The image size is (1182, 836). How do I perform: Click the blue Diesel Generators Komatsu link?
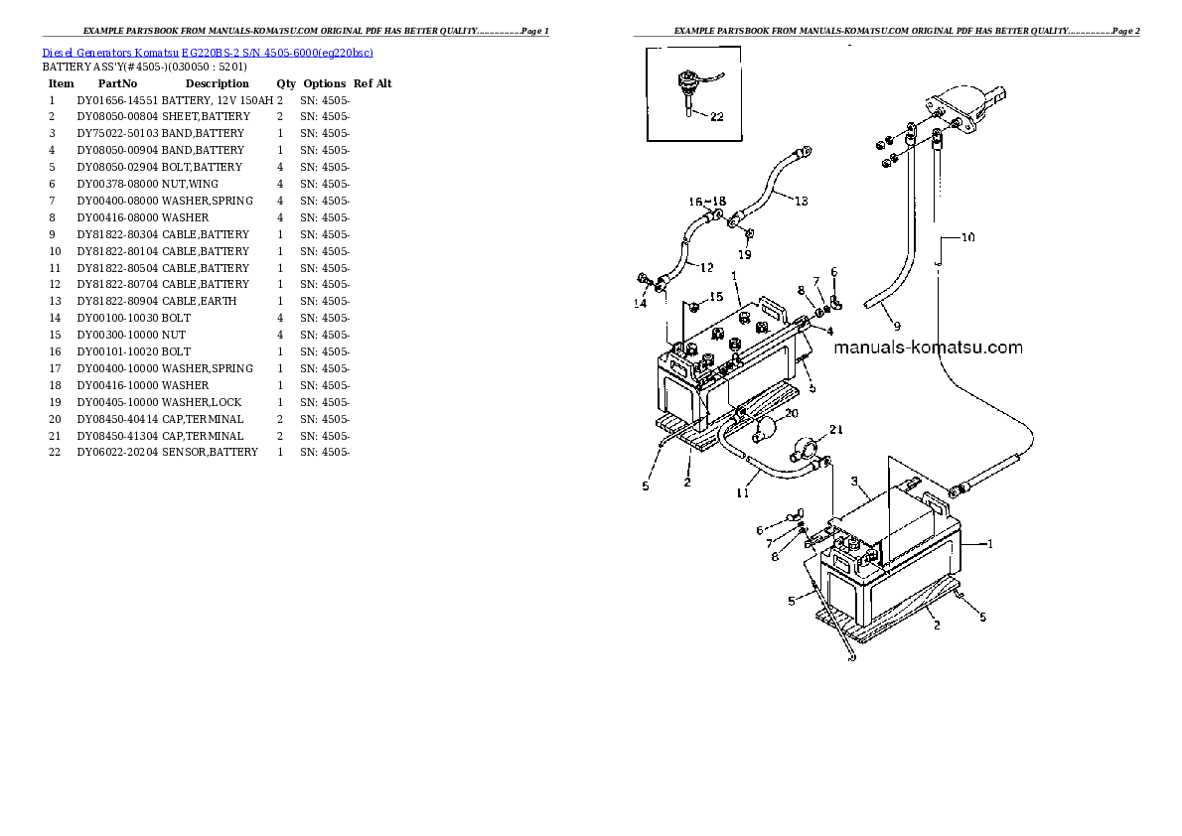[208, 53]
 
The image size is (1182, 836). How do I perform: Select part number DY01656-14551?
[117, 100]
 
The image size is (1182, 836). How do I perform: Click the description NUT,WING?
[190, 184]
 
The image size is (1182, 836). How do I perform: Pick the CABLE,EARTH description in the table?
[199, 301]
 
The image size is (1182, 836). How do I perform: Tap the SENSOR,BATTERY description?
[209, 452]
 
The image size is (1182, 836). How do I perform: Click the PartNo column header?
[117, 83]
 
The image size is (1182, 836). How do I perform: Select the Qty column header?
[285, 83]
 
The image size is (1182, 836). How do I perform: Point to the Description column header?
[217, 83]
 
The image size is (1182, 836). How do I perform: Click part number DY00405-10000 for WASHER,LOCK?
[117, 402]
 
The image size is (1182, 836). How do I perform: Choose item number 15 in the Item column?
[55, 335]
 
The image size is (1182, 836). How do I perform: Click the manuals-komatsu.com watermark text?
[928, 348]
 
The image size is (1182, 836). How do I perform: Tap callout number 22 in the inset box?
[717, 116]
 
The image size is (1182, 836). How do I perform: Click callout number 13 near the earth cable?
[801, 201]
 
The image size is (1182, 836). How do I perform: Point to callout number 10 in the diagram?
[967, 237]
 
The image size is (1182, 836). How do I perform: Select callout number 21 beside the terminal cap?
[835, 430]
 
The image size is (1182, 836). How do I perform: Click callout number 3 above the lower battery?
[853, 482]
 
